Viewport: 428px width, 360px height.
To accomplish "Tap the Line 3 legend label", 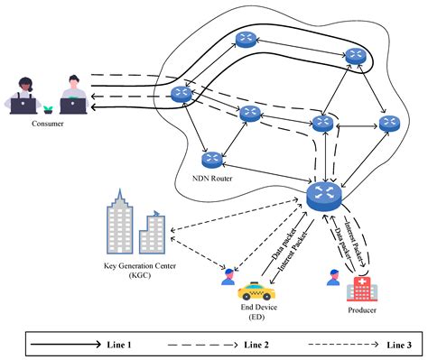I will pos(400,344).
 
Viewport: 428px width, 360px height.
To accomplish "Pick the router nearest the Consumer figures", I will pos(180,93).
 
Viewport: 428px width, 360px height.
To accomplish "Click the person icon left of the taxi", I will pos(228,278).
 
